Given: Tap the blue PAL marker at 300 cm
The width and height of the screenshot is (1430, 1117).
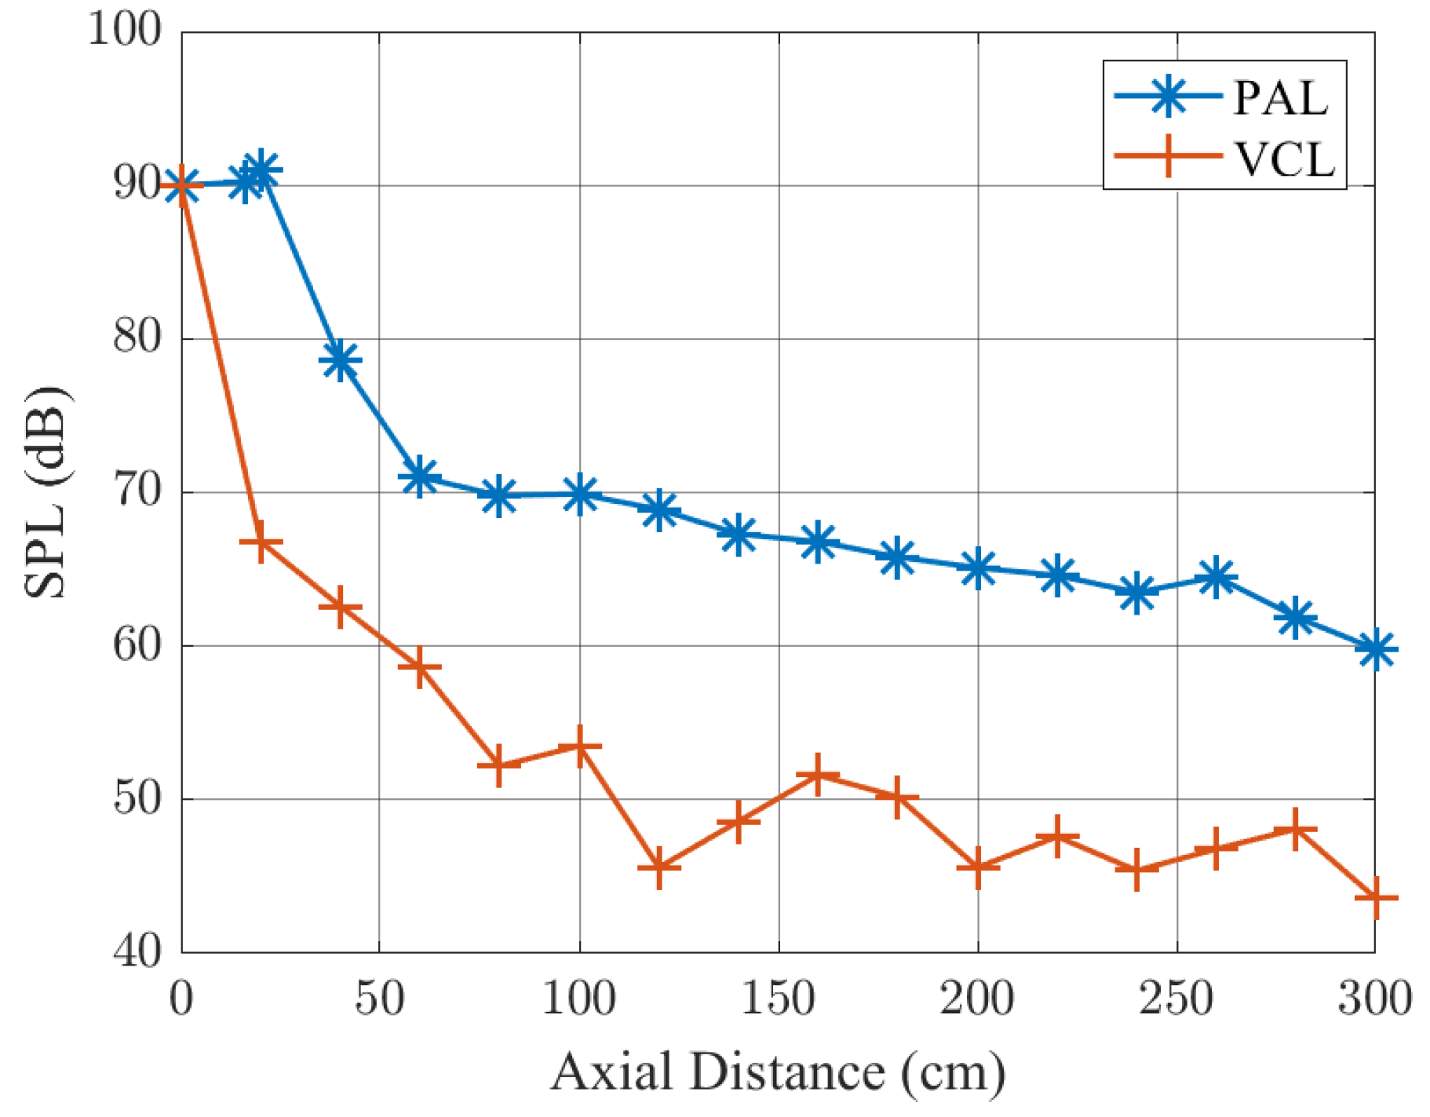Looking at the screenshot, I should [1375, 650].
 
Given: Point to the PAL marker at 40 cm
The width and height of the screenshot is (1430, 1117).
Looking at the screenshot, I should [340, 361].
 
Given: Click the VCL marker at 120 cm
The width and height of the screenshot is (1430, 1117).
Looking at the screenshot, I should [658, 867].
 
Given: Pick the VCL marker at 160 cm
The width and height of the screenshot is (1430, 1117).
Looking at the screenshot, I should [818, 775].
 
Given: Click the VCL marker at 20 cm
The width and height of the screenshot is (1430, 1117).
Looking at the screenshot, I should [261, 542].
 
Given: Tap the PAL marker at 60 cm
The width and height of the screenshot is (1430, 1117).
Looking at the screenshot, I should [419, 476].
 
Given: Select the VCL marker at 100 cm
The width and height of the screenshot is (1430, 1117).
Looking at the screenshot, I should [579, 746].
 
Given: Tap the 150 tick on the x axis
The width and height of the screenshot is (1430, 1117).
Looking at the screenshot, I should [778, 999].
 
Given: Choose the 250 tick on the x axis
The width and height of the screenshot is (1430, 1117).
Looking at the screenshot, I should [1176, 999].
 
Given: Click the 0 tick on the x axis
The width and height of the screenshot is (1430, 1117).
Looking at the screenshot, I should [181, 999].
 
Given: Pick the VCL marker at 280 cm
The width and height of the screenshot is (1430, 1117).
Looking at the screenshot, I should [1295, 829].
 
